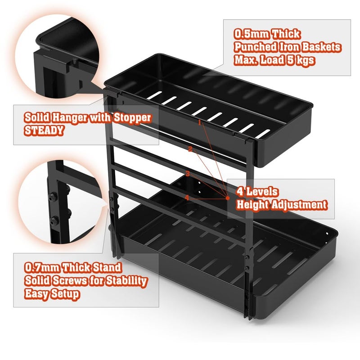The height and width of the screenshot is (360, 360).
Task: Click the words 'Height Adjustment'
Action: point(282,205)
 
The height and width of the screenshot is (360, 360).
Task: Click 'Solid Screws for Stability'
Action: point(85,281)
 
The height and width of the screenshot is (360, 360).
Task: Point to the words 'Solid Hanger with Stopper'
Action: point(88,117)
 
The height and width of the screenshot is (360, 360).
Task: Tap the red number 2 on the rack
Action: point(190,149)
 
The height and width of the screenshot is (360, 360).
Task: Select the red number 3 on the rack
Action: point(187,173)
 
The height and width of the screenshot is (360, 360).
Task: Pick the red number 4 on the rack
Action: point(187,197)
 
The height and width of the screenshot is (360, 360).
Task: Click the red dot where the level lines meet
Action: point(228,198)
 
